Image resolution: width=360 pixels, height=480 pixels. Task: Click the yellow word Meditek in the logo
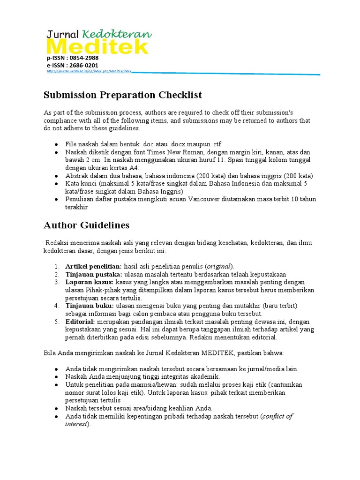[x=97, y=47]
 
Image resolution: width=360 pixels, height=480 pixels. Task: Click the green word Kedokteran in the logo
[x=117, y=34]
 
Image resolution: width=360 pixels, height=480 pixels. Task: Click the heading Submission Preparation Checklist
[x=123, y=95]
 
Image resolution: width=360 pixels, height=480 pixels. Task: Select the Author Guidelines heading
[x=86, y=225]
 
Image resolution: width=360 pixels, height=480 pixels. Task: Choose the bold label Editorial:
[x=81, y=322]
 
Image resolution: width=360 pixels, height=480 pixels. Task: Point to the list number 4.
[x=56, y=306]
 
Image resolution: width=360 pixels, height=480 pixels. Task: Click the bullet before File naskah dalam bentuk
[x=56, y=144]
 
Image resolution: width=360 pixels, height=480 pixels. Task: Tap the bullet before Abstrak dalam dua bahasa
[x=56, y=176]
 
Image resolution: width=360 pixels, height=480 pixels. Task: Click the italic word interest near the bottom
[x=76, y=424]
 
